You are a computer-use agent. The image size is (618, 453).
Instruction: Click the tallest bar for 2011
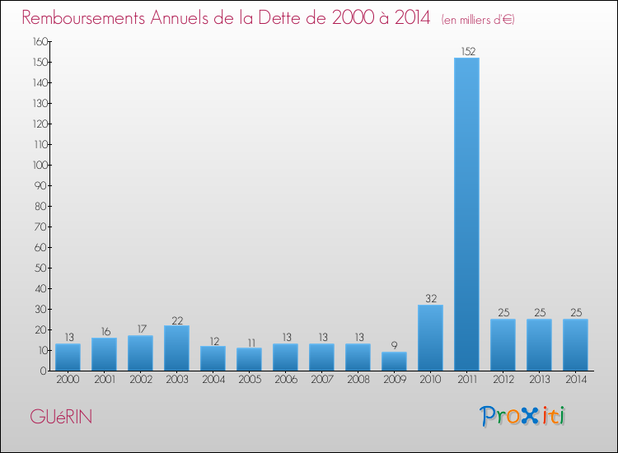click(466, 214)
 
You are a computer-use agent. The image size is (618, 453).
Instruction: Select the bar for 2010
click(430, 338)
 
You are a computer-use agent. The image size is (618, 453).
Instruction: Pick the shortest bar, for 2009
click(394, 362)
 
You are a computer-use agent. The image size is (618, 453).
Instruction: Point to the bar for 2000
click(68, 357)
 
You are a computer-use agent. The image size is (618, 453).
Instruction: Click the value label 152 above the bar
click(466, 51)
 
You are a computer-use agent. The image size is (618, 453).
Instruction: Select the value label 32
click(430, 298)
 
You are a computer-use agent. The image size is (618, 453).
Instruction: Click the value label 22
click(176, 319)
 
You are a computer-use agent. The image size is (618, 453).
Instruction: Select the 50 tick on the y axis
click(39, 268)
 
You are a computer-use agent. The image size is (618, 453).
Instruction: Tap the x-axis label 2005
click(249, 379)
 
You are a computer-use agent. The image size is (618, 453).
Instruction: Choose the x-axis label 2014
click(575, 379)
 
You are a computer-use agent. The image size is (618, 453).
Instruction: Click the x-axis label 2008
click(358, 379)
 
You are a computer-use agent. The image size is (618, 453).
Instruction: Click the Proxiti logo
click(523, 416)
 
